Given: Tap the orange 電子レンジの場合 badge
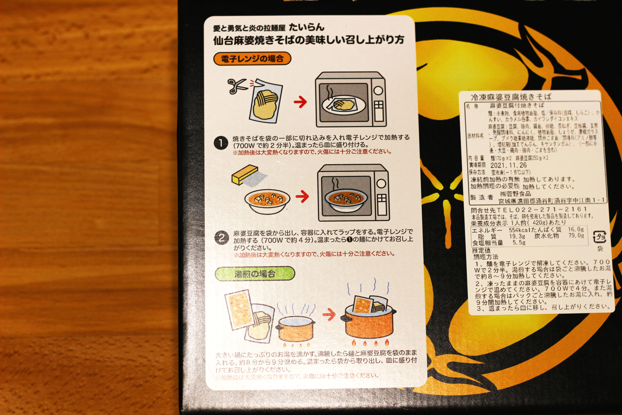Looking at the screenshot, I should point(252,59).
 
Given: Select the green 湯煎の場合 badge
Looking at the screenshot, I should point(255,274).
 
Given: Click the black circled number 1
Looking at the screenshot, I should point(221,143).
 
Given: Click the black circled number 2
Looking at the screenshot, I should point(221,238).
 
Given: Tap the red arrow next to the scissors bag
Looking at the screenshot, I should point(300,102).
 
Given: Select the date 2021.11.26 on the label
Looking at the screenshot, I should point(508,165).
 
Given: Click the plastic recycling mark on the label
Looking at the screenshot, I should point(599,237).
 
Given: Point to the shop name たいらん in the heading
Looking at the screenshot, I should point(306,27).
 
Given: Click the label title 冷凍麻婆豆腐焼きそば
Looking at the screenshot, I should point(511,97).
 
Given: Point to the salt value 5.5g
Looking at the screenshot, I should point(519,242).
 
